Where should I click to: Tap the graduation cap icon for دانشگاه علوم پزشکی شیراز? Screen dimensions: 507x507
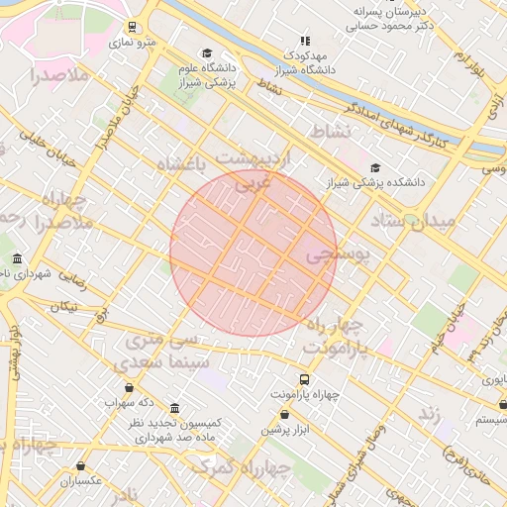tap(206, 53)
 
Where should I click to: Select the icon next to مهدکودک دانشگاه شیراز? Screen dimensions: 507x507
tap(304, 41)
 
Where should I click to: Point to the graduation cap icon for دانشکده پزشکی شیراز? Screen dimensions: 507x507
tap(374, 167)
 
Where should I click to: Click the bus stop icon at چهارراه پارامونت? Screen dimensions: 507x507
tap(304, 379)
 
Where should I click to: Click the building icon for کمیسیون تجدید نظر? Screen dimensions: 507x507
tap(175, 409)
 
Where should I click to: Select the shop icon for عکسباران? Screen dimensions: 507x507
tap(80, 466)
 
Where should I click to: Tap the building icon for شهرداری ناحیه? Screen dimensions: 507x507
tap(18, 258)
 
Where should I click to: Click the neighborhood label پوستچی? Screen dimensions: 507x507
tap(337, 255)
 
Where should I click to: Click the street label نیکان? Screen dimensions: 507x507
tap(62, 306)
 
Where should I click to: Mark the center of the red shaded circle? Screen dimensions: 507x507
tap(253, 253)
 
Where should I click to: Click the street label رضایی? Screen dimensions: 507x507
tap(72, 280)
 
